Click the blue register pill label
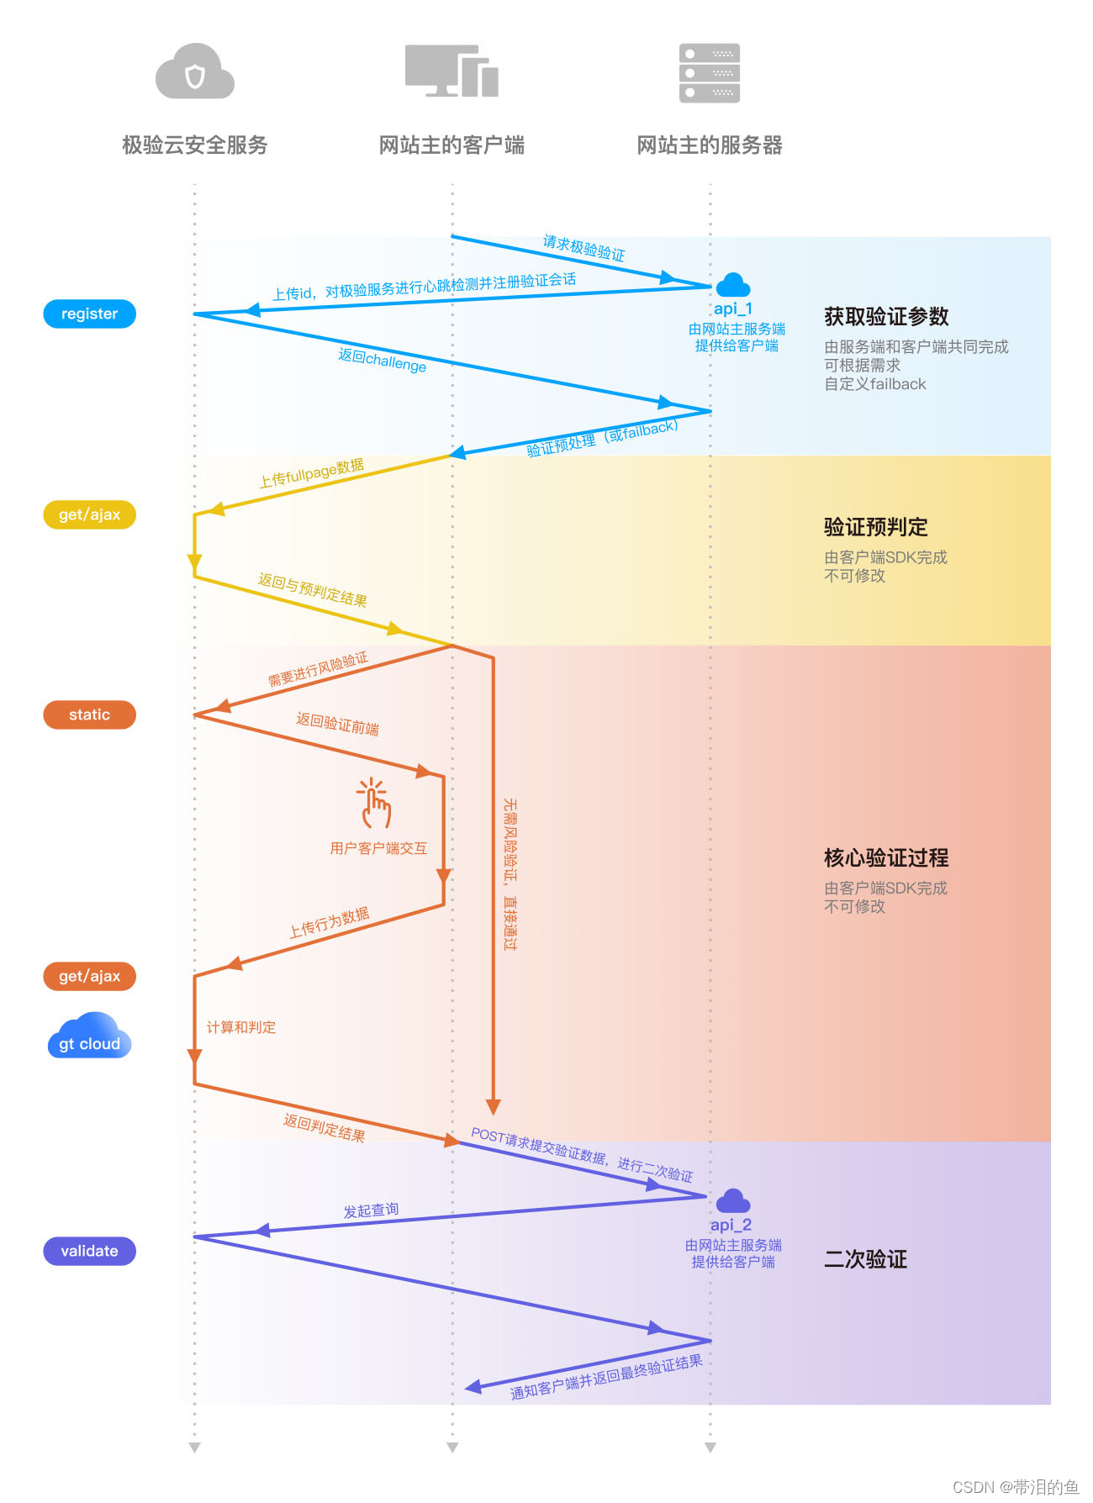[x=89, y=314]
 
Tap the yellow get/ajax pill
[x=89, y=514]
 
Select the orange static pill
[x=89, y=715]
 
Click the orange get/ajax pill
[x=89, y=976]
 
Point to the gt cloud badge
[x=89, y=1037]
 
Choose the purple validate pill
[x=89, y=1251]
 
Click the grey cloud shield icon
[x=195, y=72]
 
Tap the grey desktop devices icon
[x=451, y=71]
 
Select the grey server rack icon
[x=710, y=73]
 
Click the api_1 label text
[x=733, y=309]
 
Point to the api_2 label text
[x=731, y=1225]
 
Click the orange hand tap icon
[x=374, y=803]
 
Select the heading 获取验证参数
[x=886, y=317]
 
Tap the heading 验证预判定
[x=875, y=527]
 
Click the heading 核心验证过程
[x=886, y=858]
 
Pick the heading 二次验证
[x=865, y=1259]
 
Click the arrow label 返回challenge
[x=383, y=360]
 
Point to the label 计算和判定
[x=241, y=1027]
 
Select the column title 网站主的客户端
[x=451, y=145]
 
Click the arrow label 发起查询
[x=371, y=1210]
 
